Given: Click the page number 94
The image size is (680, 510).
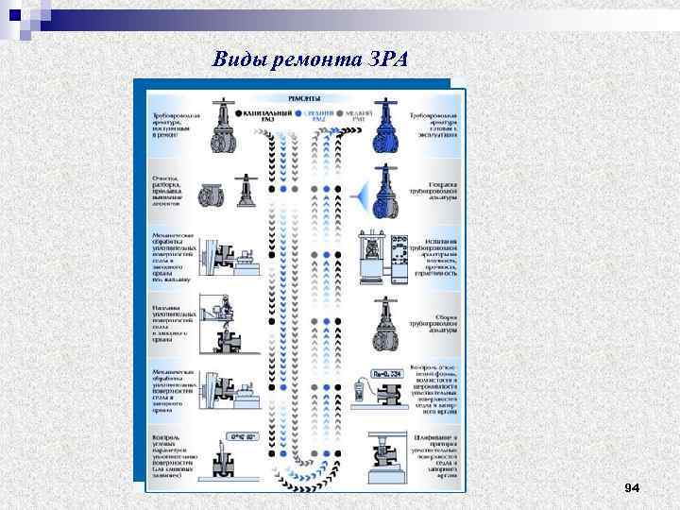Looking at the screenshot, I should pos(632,487).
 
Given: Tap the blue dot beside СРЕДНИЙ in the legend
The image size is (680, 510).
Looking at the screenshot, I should pos(298,113).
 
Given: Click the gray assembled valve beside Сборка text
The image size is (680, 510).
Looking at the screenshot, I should pos(384,318).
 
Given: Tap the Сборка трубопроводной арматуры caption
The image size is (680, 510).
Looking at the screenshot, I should pos(435,321).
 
